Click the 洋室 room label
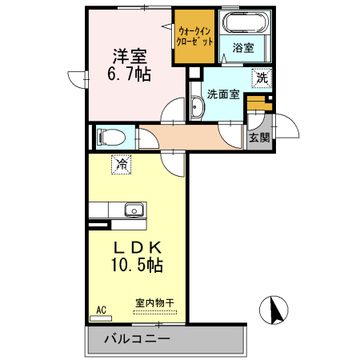click(x=129, y=57)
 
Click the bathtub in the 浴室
click(x=243, y=24)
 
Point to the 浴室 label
click(x=243, y=48)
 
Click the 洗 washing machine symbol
click(x=262, y=78)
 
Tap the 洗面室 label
click(x=223, y=94)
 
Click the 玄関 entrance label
click(x=258, y=137)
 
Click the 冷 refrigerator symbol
click(x=122, y=165)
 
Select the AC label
click(x=102, y=309)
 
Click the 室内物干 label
click(x=155, y=304)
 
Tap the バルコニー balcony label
click(x=136, y=338)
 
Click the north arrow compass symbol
click(x=274, y=310)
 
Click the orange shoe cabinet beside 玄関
click(x=256, y=104)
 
